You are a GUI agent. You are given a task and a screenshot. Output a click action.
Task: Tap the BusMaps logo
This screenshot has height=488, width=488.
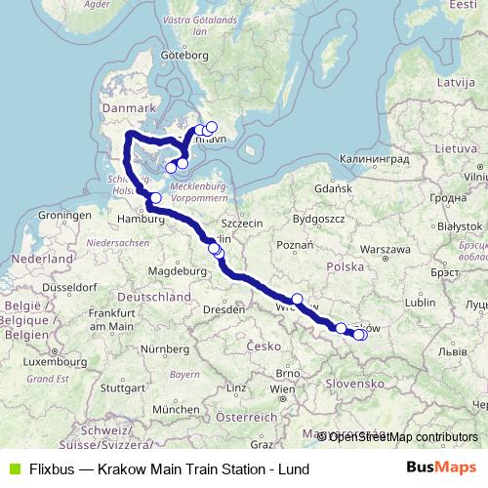(441, 468)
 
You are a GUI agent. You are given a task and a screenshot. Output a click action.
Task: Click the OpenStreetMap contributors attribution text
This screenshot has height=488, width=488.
(401, 436)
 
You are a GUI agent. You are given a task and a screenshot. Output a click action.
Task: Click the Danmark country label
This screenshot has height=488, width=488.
(128, 107)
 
